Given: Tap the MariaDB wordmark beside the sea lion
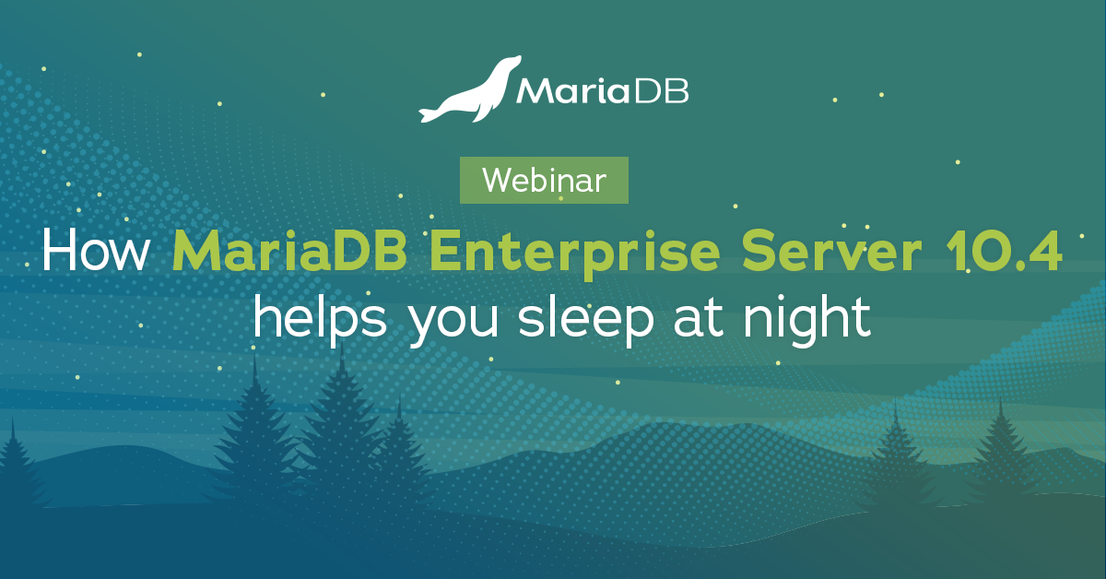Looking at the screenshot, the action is [x=603, y=91].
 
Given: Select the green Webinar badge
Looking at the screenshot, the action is [x=544, y=181].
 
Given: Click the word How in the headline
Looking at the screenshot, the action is [x=96, y=251].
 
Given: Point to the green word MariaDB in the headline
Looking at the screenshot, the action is [x=289, y=251].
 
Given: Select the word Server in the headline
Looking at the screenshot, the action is [x=831, y=252].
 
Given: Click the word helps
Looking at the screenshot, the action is [x=320, y=319].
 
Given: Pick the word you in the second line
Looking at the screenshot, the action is [x=453, y=325].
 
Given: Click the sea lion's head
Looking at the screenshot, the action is [x=509, y=65].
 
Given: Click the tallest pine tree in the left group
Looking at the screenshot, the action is [x=341, y=425].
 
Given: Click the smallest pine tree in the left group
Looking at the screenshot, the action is [x=400, y=450].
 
